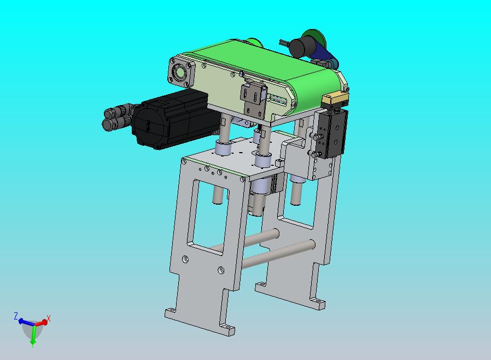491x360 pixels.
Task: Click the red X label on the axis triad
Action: point(49,318)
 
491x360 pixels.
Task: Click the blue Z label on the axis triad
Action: point(16,316)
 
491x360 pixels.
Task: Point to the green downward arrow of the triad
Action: point(33,336)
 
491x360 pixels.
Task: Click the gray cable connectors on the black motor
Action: point(118,116)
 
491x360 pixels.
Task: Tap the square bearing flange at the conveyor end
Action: point(182,72)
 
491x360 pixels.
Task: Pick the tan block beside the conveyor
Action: point(335,100)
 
